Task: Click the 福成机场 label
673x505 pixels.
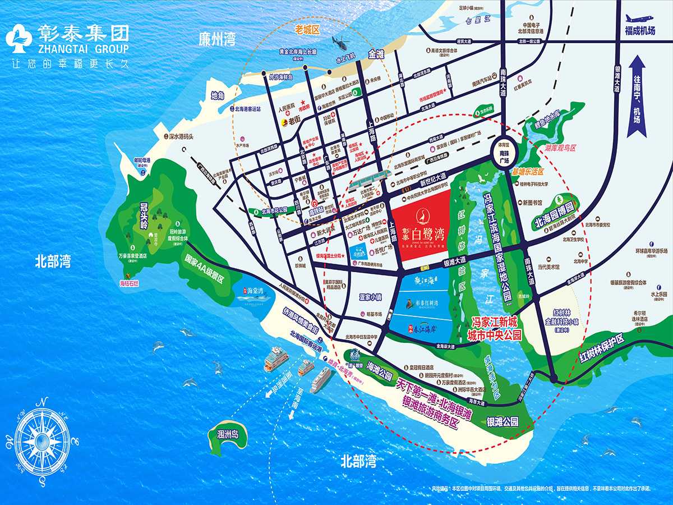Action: [640, 31]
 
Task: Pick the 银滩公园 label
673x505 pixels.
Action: [503, 421]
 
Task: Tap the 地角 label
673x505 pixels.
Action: [218, 95]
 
